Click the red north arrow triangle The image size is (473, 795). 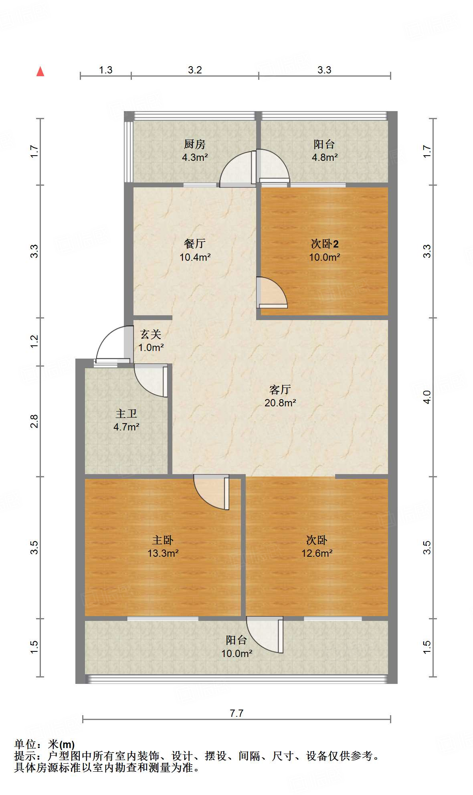click(x=40, y=72)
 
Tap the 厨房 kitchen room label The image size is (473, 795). click(x=194, y=144)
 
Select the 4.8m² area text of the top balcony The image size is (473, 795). click(x=324, y=158)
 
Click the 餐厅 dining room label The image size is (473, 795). click(x=195, y=243)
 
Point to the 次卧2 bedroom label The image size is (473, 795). click(x=324, y=244)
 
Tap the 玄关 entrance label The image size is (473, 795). click(x=151, y=334)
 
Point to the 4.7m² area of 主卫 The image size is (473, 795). click(x=126, y=427)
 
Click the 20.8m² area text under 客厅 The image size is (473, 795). click(x=280, y=403)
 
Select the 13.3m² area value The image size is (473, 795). click(x=163, y=554)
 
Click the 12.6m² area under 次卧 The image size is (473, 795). click(x=317, y=554)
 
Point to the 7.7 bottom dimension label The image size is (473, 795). click(x=236, y=713)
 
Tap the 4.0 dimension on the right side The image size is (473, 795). click(x=427, y=397)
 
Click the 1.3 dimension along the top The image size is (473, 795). click(x=105, y=70)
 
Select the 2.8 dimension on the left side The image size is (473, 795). click(x=34, y=421)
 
